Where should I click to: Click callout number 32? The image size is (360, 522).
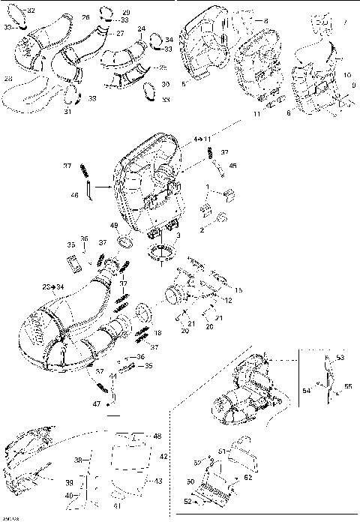(31, 10)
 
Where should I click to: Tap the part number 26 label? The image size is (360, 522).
(85, 16)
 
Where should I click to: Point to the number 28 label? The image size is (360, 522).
(8, 77)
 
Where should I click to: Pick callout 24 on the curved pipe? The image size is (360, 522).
(142, 28)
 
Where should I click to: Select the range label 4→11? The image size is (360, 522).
(203, 139)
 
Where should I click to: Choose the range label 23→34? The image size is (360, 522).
(53, 287)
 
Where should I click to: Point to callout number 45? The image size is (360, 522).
(233, 166)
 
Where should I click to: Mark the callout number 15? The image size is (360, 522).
(239, 289)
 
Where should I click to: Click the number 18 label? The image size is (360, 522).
(157, 331)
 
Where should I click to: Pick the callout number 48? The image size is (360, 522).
(157, 436)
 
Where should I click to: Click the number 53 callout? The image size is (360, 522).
(339, 358)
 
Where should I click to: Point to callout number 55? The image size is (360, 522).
(347, 385)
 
